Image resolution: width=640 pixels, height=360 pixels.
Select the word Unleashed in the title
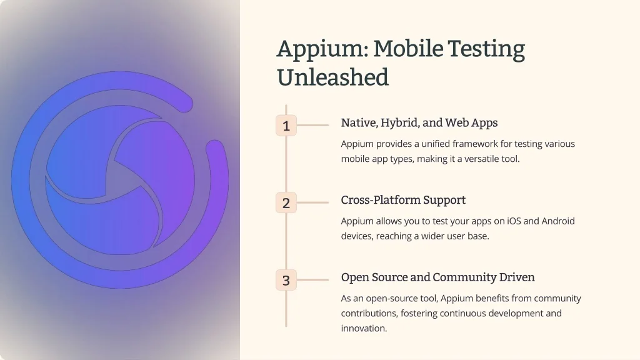coord(332,77)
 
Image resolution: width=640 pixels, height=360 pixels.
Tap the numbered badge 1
coord(286,125)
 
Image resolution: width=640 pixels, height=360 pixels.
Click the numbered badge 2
coord(286,202)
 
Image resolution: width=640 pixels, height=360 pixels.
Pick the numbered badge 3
coord(286,280)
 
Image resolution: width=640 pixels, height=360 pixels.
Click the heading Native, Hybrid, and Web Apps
coord(419,123)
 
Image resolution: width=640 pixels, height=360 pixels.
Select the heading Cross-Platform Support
coord(403,200)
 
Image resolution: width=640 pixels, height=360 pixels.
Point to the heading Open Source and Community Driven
coord(438,277)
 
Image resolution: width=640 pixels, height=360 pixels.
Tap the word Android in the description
coord(558,221)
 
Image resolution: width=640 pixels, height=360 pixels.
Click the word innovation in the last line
coord(364,328)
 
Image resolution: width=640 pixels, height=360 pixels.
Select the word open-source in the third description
coord(391,298)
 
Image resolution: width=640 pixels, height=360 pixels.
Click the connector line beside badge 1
coord(312,125)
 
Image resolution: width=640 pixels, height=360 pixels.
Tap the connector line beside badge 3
coord(312,280)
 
